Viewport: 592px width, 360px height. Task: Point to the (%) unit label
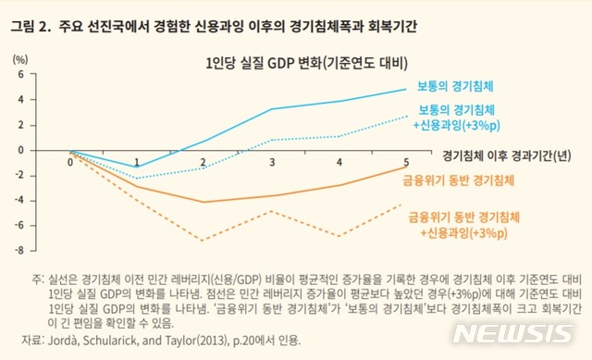(20, 58)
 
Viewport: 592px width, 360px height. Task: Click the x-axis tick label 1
(138, 163)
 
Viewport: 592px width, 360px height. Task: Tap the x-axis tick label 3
(271, 163)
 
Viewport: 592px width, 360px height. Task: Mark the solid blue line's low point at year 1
(138, 167)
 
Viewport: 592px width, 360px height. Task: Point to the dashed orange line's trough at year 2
(203, 240)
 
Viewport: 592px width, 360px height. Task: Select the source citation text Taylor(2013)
(184, 341)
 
